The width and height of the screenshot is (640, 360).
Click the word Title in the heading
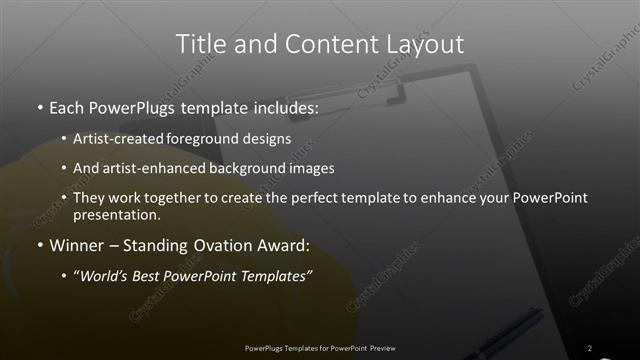tap(200, 44)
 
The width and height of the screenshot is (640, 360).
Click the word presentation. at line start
tap(116, 214)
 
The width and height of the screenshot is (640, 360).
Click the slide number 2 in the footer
tap(590, 348)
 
